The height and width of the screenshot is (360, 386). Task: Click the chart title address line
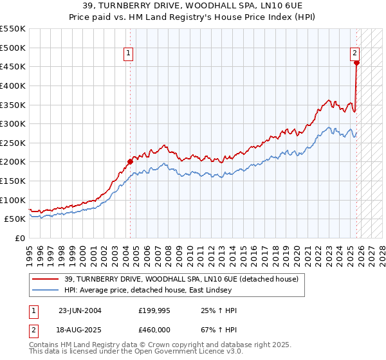point(192,6)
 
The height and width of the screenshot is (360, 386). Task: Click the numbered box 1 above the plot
point(129,54)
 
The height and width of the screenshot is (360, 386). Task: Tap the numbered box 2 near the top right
point(355,54)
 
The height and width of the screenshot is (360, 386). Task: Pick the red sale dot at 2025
point(356,63)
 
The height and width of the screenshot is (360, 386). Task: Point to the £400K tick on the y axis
point(13,85)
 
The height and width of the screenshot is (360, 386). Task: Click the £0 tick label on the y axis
point(19,238)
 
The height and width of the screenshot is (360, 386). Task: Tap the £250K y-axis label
point(13,143)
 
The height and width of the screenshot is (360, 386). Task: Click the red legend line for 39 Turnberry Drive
point(46,280)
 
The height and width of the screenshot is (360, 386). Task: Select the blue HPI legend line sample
point(46,291)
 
